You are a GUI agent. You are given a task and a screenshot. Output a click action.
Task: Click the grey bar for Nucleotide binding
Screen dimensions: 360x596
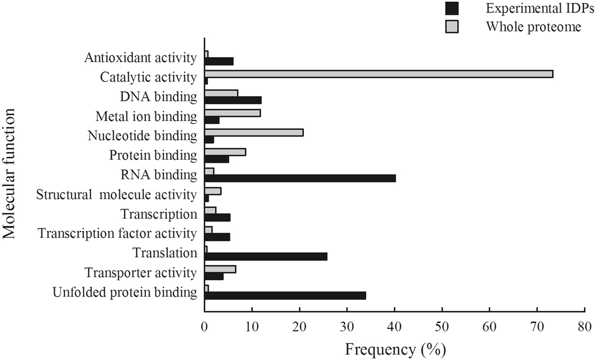254,132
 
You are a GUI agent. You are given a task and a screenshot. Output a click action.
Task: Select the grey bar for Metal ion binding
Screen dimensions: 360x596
232,113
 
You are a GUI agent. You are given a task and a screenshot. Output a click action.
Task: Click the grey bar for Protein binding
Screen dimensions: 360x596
225,152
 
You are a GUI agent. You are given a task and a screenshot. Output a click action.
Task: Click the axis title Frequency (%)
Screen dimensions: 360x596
395,347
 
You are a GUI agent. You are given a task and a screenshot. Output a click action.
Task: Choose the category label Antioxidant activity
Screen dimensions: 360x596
140,58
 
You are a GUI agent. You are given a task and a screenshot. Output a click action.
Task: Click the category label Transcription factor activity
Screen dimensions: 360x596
117,234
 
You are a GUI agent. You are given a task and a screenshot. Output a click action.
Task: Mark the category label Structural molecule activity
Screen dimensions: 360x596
116,195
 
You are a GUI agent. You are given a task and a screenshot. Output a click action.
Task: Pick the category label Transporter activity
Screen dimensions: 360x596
140,273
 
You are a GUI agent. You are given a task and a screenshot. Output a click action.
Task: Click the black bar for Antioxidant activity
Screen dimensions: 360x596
219,61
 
